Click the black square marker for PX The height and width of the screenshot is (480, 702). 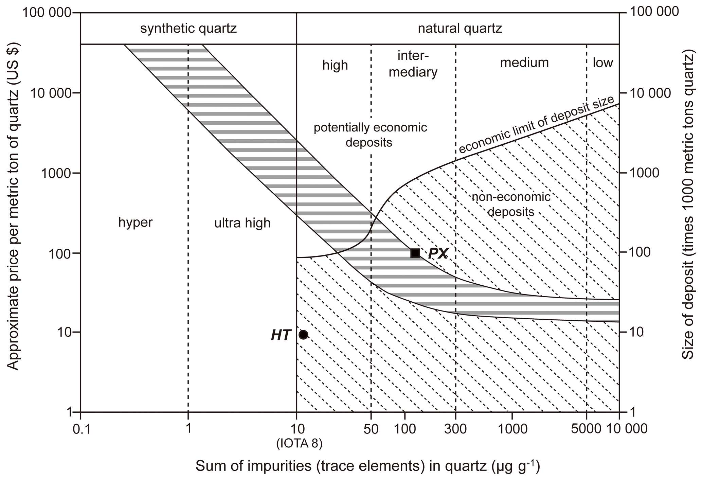[x=415, y=253]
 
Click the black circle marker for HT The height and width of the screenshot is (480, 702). [x=303, y=335]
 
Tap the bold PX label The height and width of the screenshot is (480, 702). [x=438, y=253]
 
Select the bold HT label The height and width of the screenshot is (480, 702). [x=281, y=335]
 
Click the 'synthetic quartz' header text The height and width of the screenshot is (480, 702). [x=188, y=29]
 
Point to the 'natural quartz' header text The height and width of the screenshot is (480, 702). [x=460, y=29]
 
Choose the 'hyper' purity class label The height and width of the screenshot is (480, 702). [x=136, y=223]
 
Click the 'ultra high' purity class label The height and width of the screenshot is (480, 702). [x=242, y=223]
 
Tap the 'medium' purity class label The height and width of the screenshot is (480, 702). [x=524, y=63]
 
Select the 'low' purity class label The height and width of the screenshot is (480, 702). [x=603, y=63]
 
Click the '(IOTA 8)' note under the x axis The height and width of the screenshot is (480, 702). [x=299, y=444]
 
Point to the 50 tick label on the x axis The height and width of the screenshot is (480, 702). [x=371, y=429]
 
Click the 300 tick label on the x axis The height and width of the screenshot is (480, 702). [x=455, y=429]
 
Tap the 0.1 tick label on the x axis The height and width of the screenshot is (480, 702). [x=82, y=429]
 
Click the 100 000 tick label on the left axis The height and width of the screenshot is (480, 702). [x=47, y=13]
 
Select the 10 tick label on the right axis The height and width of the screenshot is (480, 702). [x=637, y=332]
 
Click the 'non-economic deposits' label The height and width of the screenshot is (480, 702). [x=511, y=204]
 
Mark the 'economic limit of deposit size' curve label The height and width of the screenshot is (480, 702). [x=537, y=124]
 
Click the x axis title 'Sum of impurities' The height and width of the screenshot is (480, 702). [x=367, y=466]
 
